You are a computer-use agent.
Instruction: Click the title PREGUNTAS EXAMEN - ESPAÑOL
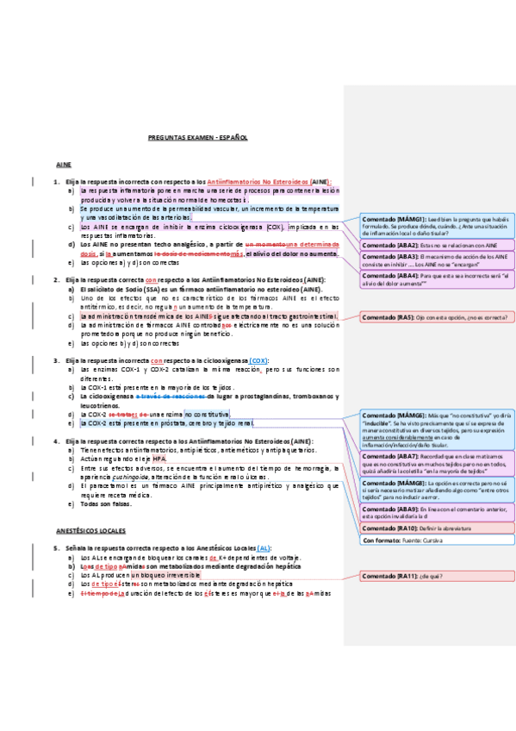point(197,137)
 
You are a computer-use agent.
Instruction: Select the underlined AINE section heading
point(63,163)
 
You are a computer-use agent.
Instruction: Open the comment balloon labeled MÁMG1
point(435,225)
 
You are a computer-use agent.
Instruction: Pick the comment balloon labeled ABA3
point(435,260)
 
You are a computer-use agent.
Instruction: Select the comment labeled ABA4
point(435,281)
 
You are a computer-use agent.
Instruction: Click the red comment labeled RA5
point(435,316)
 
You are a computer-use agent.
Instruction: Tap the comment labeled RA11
point(435,575)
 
